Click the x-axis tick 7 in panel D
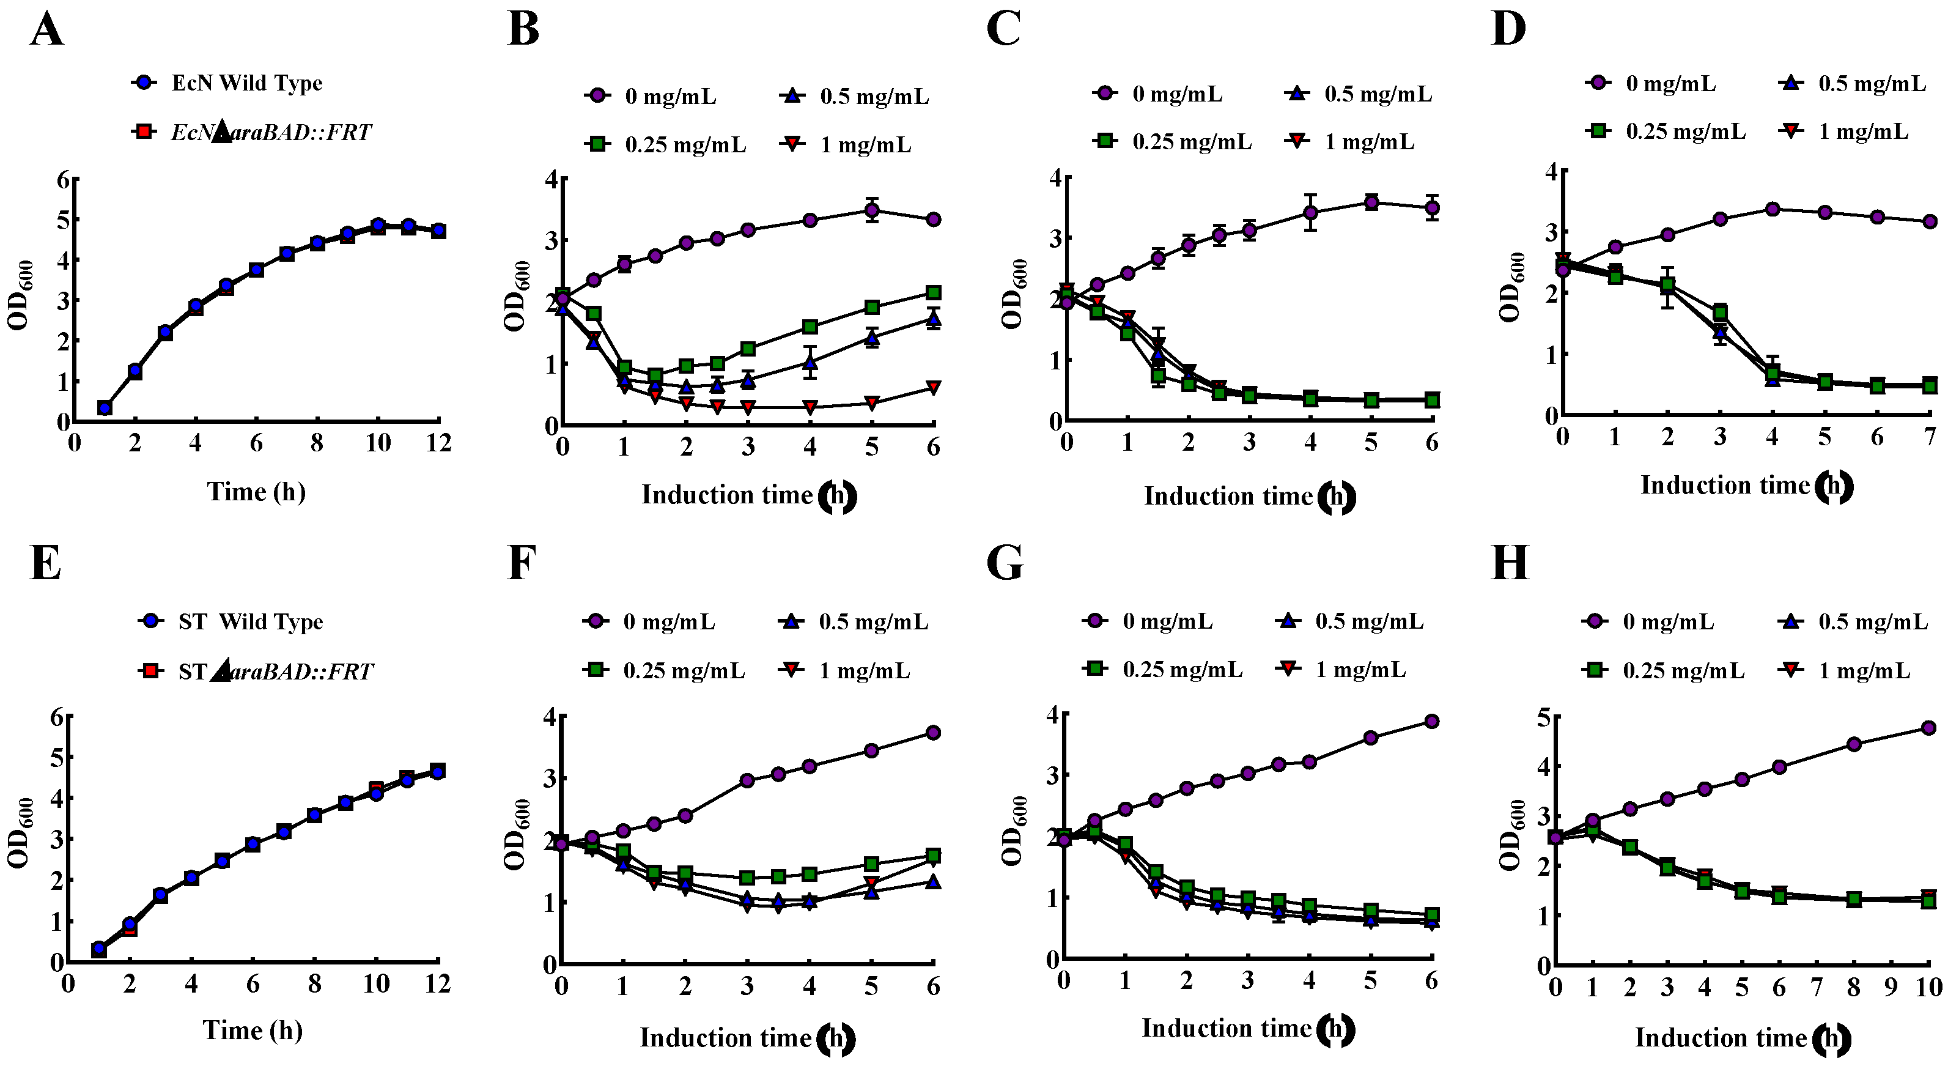click(x=1930, y=437)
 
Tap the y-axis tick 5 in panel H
click(x=1543, y=716)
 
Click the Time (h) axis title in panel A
click(x=256, y=492)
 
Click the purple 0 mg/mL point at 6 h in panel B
click(x=934, y=220)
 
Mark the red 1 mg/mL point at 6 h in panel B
click(x=934, y=387)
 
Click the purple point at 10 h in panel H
click(x=1928, y=728)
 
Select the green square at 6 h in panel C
click(x=1431, y=400)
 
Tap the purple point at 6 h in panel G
click(x=1431, y=721)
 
